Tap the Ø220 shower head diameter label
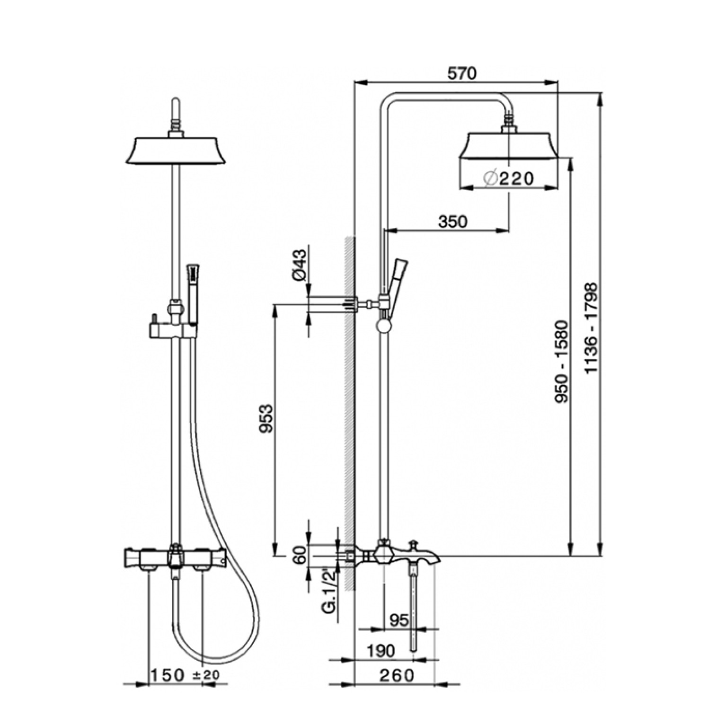click(509, 178)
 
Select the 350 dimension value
click(452, 221)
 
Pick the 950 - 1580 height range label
click(561, 362)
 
